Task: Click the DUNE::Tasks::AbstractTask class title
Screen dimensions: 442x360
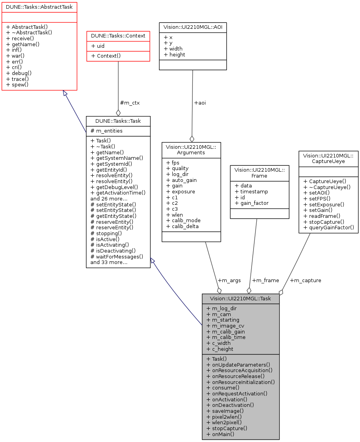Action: [x=39, y=7]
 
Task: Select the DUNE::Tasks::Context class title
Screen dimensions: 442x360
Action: [x=118, y=36]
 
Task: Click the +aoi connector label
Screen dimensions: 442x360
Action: [x=200, y=103]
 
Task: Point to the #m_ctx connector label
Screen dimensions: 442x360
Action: [x=130, y=103]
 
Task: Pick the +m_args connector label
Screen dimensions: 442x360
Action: [x=229, y=280]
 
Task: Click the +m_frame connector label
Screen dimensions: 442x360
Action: [x=265, y=280]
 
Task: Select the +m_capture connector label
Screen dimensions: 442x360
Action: [x=306, y=280]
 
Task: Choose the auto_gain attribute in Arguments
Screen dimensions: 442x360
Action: [x=181, y=180]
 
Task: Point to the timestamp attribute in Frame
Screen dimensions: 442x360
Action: [x=251, y=191]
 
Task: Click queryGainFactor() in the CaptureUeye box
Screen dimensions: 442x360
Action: [x=328, y=227]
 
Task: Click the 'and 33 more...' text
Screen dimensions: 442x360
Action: [x=109, y=262]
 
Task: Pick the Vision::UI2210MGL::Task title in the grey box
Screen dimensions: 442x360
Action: [x=241, y=298]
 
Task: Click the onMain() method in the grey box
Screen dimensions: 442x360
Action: [x=220, y=434]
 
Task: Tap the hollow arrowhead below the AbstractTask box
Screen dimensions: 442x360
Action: [x=66, y=94]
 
